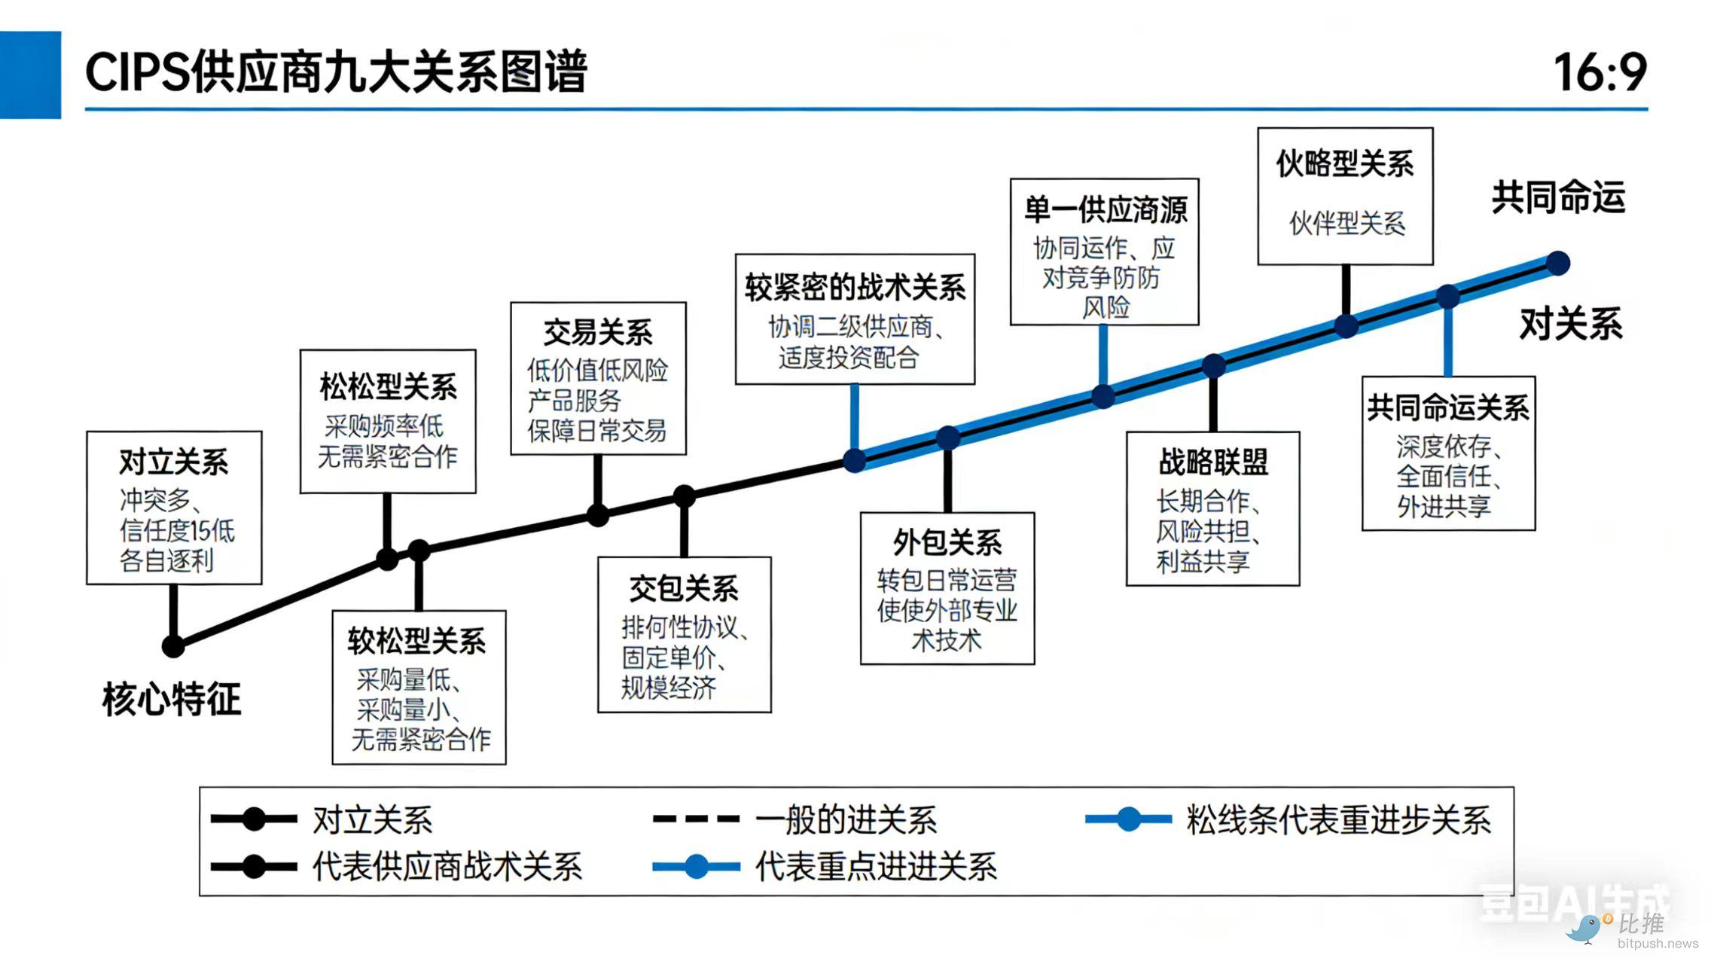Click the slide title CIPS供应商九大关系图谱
(x=336, y=73)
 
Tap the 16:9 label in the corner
(x=1600, y=73)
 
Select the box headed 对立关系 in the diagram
(x=174, y=508)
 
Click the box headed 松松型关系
(x=388, y=421)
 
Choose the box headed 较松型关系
(x=419, y=687)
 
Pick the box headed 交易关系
(x=598, y=378)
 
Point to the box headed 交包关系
(x=684, y=634)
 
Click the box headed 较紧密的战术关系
(x=855, y=319)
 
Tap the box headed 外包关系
(x=947, y=588)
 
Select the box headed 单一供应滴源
(x=1104, y=252)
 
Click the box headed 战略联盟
(x=1212, y=508)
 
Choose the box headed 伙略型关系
(x=1345, y=196)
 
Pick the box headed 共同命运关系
(x=1448, y=453)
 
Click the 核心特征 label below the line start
(x=172, y=699)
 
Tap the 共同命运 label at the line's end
(x=1558, y=197)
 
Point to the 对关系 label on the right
(x=1571, y=325)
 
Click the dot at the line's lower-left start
(x=173, y=646)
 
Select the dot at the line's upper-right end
(x=1557, y=263)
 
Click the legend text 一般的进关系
(x=846, y=819)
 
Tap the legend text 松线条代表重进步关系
(x=1338, y=819)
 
